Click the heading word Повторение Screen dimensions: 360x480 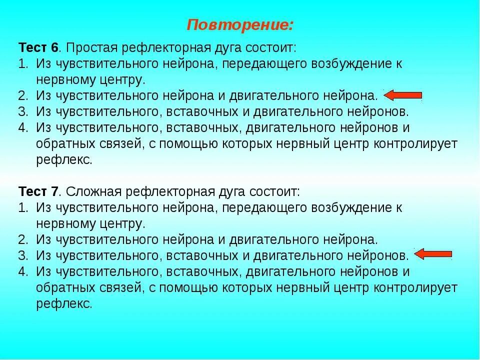[x=240, y=24]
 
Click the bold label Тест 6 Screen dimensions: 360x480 [x=39, y=48]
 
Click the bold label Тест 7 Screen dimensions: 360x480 [x=39, y=191]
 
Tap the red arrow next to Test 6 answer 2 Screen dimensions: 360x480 [x=402, y=95]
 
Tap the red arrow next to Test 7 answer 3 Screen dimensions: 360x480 [x=433, y=255]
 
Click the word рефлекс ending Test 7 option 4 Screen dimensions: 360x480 [x=64, y=303]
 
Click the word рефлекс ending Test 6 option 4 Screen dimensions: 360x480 [x=64, y=160]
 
